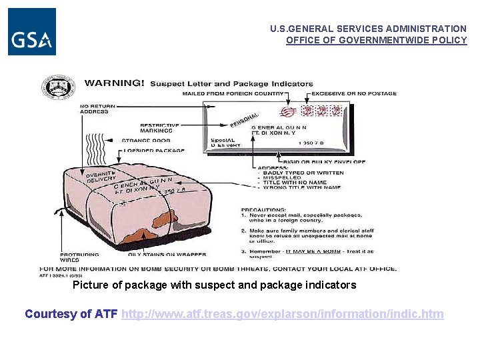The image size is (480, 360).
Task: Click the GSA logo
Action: [32, 31]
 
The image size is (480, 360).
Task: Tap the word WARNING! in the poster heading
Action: [113, 83]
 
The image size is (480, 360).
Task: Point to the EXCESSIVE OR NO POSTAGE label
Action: [354, 93]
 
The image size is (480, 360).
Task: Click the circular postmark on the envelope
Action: [289, 111]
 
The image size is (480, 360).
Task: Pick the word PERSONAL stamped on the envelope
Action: [244, 120]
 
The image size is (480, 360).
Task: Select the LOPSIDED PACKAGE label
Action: [154, 151]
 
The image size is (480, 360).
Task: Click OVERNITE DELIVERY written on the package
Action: [101, 177]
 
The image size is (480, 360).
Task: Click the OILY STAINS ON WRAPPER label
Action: [167, 254]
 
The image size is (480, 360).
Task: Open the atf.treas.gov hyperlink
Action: [283, 313]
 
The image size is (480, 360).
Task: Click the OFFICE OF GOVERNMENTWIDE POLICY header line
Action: [376, 40]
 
